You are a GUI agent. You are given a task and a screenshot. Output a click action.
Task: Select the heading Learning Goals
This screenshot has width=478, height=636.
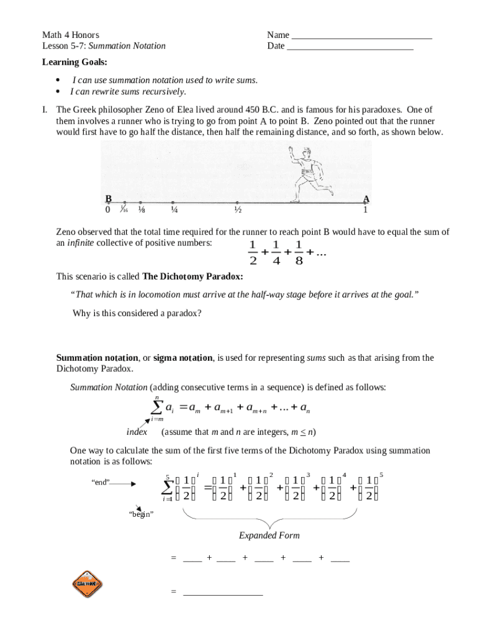[x=74, y=62]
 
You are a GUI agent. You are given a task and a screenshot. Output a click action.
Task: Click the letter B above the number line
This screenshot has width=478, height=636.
[x=108, y=199]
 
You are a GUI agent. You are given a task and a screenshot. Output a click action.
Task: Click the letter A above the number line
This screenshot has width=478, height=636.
[x=366, y=199]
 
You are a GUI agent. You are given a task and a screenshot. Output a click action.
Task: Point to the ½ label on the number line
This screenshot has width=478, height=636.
[x=237, y=210]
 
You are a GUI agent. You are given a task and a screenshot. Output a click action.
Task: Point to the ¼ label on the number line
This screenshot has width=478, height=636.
[x=174, y=210]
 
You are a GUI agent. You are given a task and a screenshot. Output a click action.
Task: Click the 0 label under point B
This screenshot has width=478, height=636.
[x=107, y=210]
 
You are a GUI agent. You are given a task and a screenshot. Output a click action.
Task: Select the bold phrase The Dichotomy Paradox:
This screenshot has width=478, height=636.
[x=192, y=276]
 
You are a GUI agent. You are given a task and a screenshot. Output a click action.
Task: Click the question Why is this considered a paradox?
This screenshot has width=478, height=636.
[x=137, y=314]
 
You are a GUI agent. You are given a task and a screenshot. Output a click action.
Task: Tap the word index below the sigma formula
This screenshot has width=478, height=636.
[x=137, y=432]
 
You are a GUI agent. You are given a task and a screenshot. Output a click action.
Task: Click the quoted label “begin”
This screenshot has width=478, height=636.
[x=141, y=515]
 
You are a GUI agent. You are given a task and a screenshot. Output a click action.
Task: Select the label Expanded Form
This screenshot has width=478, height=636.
[x=269, y=535]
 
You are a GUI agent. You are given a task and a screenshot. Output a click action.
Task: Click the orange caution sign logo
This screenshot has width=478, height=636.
[x=87, y=584]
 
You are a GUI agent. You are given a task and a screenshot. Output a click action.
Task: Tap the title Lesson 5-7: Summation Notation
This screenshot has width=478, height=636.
[x=104, y=46]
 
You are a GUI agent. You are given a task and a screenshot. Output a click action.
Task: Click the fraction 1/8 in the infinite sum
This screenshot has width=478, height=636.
[x=299, y=252]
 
